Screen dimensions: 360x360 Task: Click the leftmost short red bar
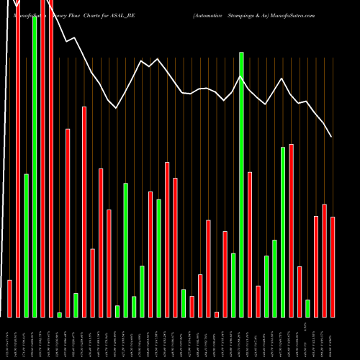(x=10, y=298)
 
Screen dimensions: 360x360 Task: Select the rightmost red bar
(x=333, y=266)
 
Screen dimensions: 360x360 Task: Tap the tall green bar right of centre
(x=241, y=184)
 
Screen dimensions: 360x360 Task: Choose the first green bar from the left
(x=27, y=245)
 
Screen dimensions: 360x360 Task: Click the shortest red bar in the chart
(x=217, y=314)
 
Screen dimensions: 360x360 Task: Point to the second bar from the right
(x=324, y=261)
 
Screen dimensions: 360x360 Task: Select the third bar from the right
(x=316, y=266)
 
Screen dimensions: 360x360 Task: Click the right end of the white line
(x=331, y=137)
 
